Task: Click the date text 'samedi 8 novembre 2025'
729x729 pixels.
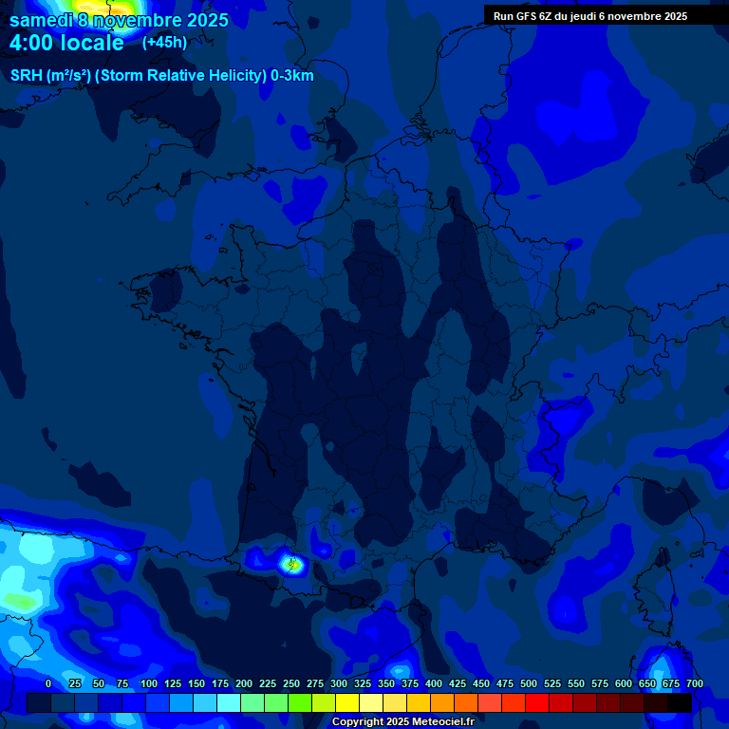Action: tap(119, 20)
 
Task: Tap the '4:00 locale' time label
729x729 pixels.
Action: tap(66, 44)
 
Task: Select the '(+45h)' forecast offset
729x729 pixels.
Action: tap(164, 43)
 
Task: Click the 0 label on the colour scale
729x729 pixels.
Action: tap(48, 683)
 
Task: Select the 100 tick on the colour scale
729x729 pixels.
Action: tap(148, 683)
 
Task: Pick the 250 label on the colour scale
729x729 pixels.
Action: tap(291, 683)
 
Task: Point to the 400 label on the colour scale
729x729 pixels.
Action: tap(434, 683)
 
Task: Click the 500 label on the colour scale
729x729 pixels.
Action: tap(529, 683)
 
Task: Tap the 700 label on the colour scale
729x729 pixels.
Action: tap(695, 683)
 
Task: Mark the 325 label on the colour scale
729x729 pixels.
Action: tap(363, 683)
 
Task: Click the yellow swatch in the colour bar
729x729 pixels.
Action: tap(347, 702)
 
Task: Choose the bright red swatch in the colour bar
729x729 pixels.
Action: tap(537, 702)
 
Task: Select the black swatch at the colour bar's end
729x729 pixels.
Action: tap(680, 702)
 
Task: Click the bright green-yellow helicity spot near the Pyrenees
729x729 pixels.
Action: tap(292, 564)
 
